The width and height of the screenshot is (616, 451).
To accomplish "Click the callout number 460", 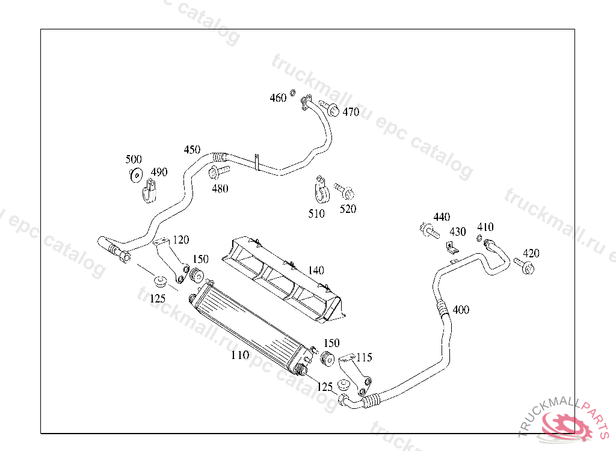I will (x=278, y=98).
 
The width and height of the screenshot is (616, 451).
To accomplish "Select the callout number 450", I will (x=192, y=150).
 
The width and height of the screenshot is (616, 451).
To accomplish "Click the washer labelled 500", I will (x=135, y=175).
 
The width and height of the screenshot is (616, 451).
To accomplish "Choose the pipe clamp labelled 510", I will (x=321, y=192).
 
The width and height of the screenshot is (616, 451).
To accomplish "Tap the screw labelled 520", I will (x=345, y=192).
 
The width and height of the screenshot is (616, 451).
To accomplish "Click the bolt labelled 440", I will (x=428, y=229).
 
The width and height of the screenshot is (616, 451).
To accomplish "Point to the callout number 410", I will (x=485, y=227).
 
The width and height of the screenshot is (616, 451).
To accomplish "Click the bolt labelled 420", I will (x=525, y=266).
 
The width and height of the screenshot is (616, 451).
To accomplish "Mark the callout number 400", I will (x=461, y=310).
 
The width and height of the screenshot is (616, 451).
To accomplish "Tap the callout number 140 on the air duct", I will (x=316, y=271).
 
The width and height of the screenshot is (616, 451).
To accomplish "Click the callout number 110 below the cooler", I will (x=240, y=355).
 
